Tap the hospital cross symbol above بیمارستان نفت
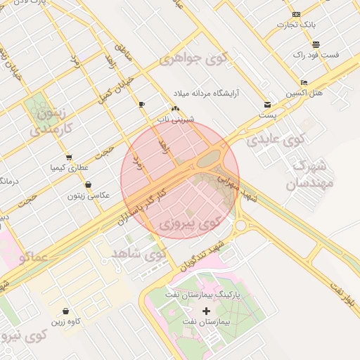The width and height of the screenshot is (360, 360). coord(206,311)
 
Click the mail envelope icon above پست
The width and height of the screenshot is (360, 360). coord(267,104)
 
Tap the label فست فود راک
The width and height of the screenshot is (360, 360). coord(316,54)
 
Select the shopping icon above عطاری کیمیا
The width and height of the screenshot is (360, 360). coord(68,157)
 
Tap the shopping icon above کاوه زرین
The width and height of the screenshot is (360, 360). coord(65,311)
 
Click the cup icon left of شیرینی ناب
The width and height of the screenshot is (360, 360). coord(142,105)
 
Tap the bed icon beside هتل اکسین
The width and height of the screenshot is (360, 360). coord(304,82)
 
